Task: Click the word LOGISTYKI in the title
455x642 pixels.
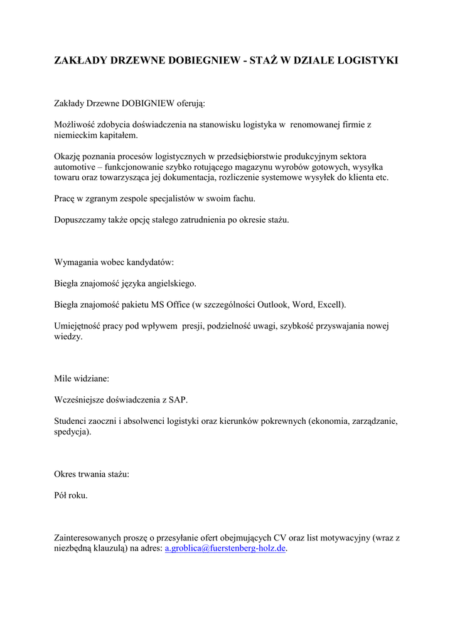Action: (368, 61)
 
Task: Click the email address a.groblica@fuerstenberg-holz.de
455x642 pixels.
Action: (225, 548)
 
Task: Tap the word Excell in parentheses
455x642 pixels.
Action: (329, 305)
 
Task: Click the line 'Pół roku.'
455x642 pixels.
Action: (72, 495)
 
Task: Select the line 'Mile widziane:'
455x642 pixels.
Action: (82, 379)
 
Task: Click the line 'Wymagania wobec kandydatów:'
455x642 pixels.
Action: (114, 261)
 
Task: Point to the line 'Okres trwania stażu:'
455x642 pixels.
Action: (92, 474)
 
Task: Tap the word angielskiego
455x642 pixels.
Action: (171, 283)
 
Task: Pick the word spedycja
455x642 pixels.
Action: (72, 432)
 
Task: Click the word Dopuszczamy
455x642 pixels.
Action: (80, 219)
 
